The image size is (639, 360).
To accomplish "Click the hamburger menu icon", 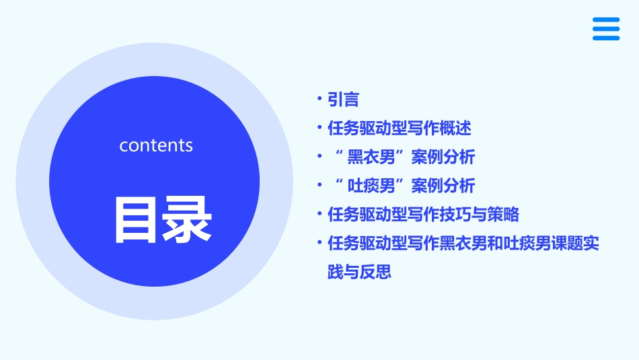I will click(x=605, y=29).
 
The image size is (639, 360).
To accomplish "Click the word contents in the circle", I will click(x=156, y=145).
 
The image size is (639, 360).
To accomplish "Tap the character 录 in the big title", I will click(x=186, y=219).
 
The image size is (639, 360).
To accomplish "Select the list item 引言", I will click(x=343, y=100).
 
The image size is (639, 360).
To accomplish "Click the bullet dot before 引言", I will click(x=320, y=100).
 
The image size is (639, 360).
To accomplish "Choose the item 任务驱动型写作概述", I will click(x=400, y=128).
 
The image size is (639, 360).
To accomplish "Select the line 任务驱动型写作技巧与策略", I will click(x=423, y=215).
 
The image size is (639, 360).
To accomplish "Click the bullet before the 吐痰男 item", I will click(x=320, y=185).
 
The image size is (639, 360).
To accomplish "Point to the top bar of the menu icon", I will click(x=605, y=20).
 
